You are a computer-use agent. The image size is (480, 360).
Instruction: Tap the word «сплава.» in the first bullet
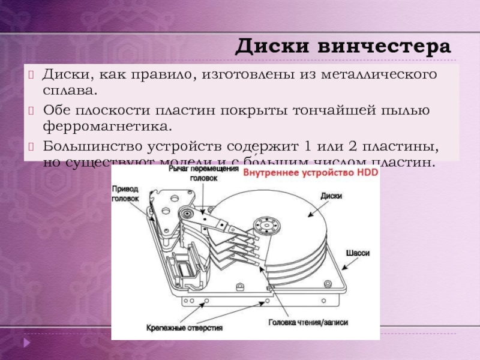[x=69, y=92]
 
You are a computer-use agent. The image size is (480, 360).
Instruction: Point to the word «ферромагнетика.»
[x=107, y=127]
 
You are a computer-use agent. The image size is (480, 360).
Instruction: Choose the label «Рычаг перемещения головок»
[x=199, y=174]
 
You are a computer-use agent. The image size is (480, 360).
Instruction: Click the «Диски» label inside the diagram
[x=331, y=195]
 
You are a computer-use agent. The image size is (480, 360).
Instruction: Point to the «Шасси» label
[x=358, y=253]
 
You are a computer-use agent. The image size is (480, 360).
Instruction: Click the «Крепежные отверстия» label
[x=184, y=328]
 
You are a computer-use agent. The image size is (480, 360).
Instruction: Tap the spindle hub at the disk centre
[x=264, y=226]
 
